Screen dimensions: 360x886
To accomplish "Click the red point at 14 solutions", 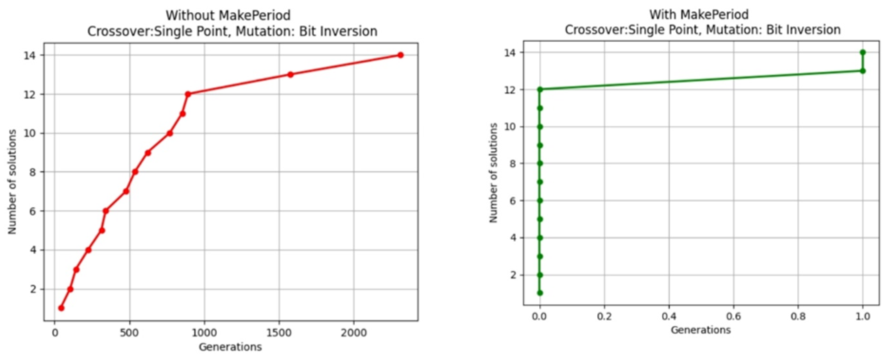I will point(400,55).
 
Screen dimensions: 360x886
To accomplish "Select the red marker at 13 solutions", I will point(290,74).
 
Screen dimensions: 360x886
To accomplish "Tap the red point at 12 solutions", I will point(188,94).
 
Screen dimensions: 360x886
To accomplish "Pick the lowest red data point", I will point(61,308).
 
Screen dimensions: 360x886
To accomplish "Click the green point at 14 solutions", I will point(863,52).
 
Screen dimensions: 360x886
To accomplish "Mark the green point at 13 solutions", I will point(863,71).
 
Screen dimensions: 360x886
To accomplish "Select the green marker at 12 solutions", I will point(540,89).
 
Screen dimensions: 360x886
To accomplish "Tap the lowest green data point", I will point(540,293).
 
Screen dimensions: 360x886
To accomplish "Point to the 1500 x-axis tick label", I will point(279,333).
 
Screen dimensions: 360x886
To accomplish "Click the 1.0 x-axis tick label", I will point(863,316).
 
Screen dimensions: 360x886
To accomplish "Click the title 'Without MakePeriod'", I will point(228,15).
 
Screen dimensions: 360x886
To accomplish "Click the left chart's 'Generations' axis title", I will point(230,347).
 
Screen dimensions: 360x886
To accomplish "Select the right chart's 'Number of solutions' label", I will point(493,173).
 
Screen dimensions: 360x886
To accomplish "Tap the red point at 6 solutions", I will point(106,211).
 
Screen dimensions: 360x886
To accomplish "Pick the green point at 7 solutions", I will point(540,182).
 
